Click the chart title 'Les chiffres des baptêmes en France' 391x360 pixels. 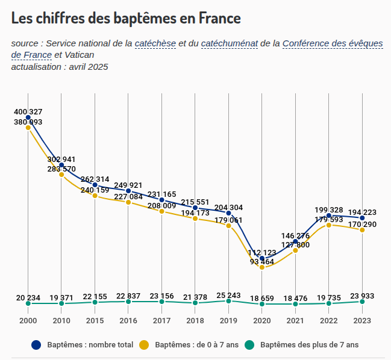tap(126, 18)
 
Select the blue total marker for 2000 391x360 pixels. tap(28, 117)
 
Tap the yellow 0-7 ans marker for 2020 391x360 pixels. tap(262, 267)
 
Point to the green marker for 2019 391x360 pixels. tap(228, 301)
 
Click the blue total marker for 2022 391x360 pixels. tap(329, 216)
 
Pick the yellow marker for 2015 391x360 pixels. tap(95, 196)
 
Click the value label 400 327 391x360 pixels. tap(28, 112)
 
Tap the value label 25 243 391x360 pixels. tap(228, 296)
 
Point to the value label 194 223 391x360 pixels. tap(362, 212)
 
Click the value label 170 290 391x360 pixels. tap(362, 225)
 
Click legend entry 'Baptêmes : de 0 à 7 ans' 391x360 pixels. tap(196, 345)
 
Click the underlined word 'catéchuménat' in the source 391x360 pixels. tap(230, 43)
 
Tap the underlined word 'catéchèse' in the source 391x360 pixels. tap(155, 43)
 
